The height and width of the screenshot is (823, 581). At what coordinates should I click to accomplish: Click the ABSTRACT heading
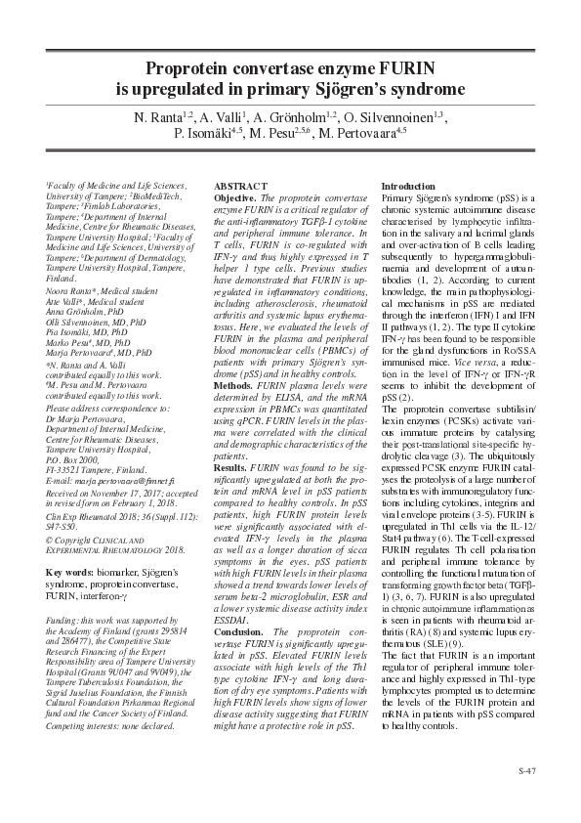click(x=239, y=186)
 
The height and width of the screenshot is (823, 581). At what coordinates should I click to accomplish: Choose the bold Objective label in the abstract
click(x=233, y=197)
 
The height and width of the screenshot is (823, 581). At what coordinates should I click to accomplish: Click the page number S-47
click(x=527, y=771)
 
